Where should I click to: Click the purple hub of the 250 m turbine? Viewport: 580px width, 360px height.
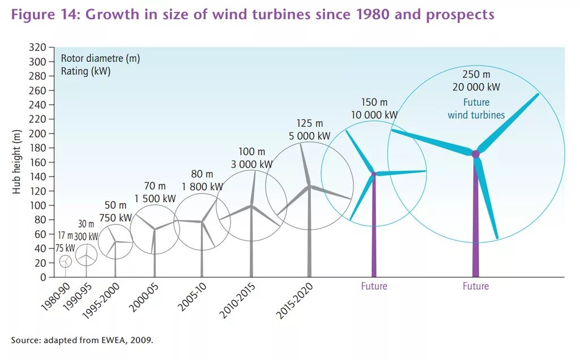pyautogui.click(x=475, y=154)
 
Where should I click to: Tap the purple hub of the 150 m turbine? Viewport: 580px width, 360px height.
pyautogui.click(x=374, y=174)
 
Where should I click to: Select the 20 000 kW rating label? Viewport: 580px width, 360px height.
pyautogui.click(x=476, y=87)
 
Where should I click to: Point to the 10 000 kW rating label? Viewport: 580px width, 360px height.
pyautogui.click(x=374, y=115)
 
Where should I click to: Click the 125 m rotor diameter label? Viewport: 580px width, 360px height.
pyautogui.click(x=309, y=123)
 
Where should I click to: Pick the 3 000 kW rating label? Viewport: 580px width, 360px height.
pyautogui.click(x=251, y=164)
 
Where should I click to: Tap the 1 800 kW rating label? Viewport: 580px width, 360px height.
pyautogui.click(x=202, y=186)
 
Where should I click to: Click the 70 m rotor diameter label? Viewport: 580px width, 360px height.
pyautogui.click(x=155, y=186)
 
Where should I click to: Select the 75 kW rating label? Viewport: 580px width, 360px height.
pyautogui.click(x=65, y=248)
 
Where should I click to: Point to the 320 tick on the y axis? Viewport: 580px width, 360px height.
pyautogui.click(x=38, y=48)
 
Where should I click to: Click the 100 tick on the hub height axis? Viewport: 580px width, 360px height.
pyautogui.click(x=38, y=205)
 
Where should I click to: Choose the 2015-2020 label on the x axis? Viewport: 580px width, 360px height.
pyautogui.click(x=294, y=301)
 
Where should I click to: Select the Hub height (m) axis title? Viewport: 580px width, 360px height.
pyautogui.click(x=17, y=162)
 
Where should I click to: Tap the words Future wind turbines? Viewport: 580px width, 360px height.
pyautogui.click(x=476, y=109)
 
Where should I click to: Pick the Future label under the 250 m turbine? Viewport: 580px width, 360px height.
pyautogui.click(x=475, y=286)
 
